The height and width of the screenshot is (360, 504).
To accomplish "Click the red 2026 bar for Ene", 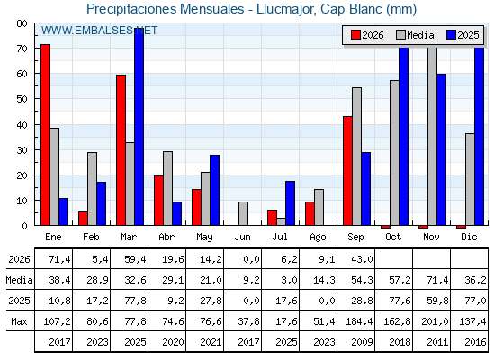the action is click(x=45, y=135).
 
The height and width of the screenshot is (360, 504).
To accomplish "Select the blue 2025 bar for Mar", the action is click(x=139, y=127).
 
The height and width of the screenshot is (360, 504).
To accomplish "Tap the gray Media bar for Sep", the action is click(x=356, y=157).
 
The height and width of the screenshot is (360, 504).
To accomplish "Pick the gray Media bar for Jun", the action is click(x=243, y=213).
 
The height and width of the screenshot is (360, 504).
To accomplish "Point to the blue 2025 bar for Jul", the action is click(x=290, y=203).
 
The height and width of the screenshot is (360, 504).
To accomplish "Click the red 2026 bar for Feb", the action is click(x=83, y=218).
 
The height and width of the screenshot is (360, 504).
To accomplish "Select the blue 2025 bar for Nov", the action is click(x=441, y=149).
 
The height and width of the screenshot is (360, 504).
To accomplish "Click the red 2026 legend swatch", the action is click(x=355, y=35).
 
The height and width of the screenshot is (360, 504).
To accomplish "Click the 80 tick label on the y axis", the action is click(x=22, y=23).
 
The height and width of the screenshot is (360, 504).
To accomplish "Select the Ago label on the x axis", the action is click(x=318, y=238).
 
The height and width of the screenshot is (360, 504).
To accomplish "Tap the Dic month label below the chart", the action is click(x=469, y=237).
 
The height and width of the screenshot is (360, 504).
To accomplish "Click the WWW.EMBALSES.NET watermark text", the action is click(x=99, y=31).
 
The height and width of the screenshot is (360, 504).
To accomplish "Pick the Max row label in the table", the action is click(x=19, y=321).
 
